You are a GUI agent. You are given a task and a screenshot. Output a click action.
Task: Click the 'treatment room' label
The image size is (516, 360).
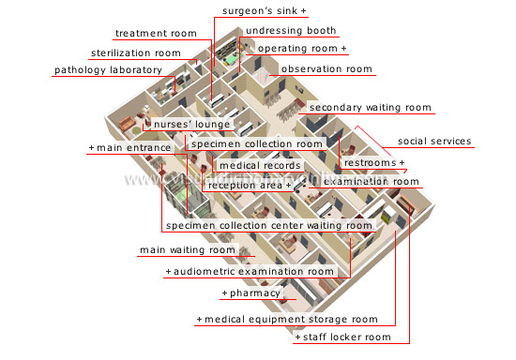155,34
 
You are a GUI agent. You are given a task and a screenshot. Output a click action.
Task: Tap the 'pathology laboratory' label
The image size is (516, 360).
108,70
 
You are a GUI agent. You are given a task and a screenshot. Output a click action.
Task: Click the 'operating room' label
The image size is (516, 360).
302,48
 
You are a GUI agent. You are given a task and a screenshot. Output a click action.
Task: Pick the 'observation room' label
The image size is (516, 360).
326,69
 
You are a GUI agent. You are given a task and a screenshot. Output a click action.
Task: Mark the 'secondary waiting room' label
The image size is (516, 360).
370,108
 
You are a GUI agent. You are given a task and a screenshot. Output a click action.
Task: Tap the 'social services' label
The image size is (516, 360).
434,142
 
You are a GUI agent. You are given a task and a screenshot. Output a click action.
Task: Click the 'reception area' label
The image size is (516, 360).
250,185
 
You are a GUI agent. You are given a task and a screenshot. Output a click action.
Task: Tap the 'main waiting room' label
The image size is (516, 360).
188,250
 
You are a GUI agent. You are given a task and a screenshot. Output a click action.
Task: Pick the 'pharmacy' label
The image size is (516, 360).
251,293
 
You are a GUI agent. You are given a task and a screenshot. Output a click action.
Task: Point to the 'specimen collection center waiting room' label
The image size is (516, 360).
268,226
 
